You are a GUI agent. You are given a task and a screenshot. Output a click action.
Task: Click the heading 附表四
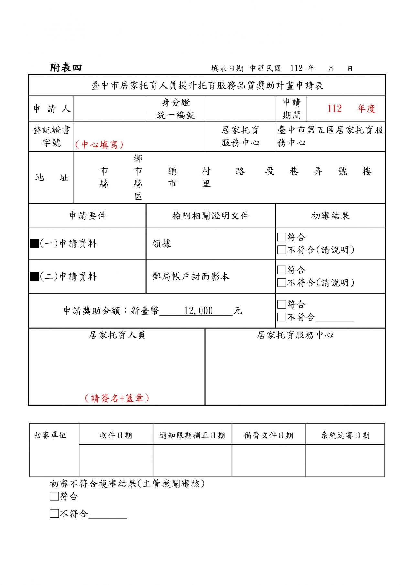click(x=66, y=68)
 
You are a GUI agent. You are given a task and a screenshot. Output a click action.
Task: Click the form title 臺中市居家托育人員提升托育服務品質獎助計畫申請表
click(x=207, y=85)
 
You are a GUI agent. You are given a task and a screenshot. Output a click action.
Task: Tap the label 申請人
click(x=52, y=109)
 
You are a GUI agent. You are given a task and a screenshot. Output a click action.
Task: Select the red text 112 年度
click(x=351, y=109)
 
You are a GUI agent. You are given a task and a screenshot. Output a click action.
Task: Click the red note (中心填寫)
click(x=99, y=144)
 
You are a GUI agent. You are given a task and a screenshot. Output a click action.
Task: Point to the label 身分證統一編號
click(x=176, y=109)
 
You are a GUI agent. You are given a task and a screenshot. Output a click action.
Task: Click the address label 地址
click(x=52, y=177)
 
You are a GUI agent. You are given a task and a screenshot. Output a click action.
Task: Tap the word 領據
click(x=161, y=243)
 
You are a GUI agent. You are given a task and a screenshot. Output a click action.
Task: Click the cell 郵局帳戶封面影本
click(x=191, y=276)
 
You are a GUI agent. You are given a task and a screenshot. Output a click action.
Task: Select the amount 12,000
click(x=198, y=311)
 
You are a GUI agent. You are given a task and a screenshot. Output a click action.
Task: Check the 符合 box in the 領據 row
click(x=281, y=237)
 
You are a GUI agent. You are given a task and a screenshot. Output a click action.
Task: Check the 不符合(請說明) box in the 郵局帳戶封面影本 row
click(x=281, y=283)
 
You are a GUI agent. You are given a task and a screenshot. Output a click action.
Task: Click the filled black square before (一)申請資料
click(x=35, y=243)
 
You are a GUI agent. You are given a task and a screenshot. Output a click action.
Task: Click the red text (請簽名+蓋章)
click(x=117, y=398)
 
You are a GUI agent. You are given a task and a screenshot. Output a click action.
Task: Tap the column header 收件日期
click(x=116, y=435)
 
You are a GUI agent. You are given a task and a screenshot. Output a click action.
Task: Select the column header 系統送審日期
click(x=345, y=435)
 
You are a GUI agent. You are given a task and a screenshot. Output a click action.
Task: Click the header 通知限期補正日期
click(x=192, y=435)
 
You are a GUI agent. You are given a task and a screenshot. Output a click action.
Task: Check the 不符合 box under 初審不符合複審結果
click(x=54, y=514)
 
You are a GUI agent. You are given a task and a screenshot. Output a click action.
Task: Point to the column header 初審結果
click(x=330, y=216)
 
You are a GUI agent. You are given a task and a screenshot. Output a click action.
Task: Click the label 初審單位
click(x=50, y=435)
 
